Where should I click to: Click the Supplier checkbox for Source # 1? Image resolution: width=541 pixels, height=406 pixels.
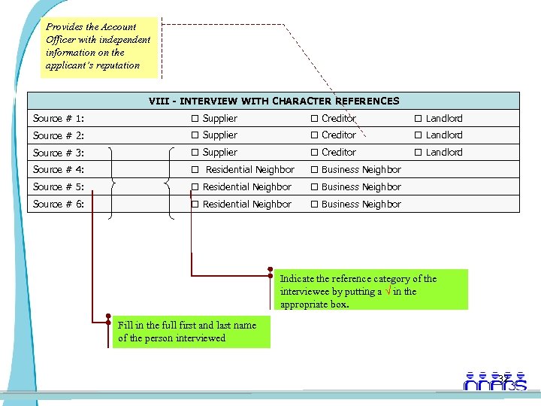coord(194,119)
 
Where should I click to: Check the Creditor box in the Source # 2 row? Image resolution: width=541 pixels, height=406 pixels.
coord(316,135)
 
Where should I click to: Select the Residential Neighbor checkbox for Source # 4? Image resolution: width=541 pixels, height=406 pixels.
coord(194,170)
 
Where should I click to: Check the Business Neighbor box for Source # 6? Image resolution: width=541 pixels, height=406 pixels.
coord(316,205)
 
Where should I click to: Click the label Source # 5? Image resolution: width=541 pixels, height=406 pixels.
coord(58,187)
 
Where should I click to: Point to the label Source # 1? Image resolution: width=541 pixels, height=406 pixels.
coord(58,119)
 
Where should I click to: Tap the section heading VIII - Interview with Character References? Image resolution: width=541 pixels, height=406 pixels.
coord(274,101)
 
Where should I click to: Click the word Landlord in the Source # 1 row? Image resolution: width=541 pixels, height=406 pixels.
coord(444,119)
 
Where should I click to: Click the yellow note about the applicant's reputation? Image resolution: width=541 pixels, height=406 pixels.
coord(100,47)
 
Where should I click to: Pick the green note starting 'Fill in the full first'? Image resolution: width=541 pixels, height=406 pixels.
coord(192,332)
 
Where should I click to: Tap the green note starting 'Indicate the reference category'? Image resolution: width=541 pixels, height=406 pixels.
coord(371,290)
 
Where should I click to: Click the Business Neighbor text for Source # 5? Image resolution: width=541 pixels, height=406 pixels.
coord(361,187)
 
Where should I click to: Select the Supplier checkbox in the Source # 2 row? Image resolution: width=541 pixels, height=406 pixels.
coord(194,135)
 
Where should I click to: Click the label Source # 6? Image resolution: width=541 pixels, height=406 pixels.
coord(58,205)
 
